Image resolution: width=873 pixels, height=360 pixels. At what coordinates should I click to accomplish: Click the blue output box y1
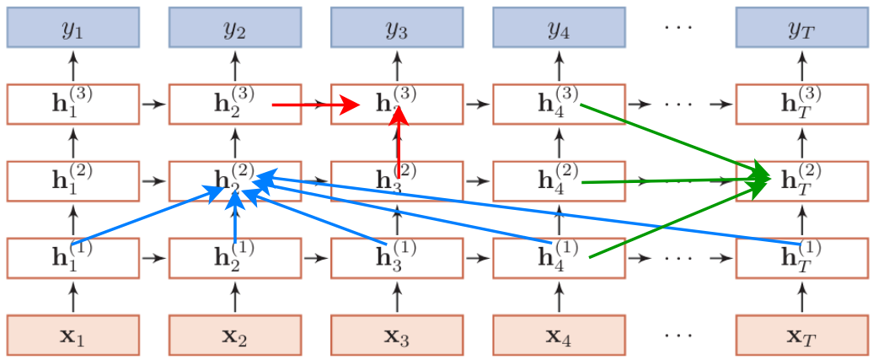click(x=72, y=28)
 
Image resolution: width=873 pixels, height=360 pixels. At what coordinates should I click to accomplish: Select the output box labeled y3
click(x=396, y=28)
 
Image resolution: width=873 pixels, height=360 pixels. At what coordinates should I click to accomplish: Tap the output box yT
click(x=801, y=28)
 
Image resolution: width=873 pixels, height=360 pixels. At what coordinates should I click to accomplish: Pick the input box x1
click(x=72, y=336)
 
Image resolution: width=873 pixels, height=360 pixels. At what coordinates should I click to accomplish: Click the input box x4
click(x=558, y=336)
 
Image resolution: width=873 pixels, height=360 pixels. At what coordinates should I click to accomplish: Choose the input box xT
click(x=801, y=336)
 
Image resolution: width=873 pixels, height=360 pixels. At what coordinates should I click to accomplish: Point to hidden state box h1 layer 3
click(x=72, y=104)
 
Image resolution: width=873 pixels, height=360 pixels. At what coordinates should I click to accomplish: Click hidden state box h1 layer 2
click(x=72, y=180)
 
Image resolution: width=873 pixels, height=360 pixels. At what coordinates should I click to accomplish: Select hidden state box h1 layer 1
click(x=72, y=257)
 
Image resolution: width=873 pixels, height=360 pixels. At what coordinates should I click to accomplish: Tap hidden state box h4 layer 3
click(x=558, y=104)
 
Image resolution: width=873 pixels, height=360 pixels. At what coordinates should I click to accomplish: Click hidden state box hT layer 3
click(x=801, y=104)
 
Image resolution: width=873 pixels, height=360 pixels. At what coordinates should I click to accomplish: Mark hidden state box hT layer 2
click(x=801, y=180)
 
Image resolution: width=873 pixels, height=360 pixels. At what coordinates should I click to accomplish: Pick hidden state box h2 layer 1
click(x=234, y=257)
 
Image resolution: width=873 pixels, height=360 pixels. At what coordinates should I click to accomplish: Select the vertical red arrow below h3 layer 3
click(x=399, y=143)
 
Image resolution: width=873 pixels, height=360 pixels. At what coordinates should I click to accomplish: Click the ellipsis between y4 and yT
click(x=678, y=28)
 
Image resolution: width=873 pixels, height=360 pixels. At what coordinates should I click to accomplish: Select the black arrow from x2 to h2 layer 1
click(x=234, y=297)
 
